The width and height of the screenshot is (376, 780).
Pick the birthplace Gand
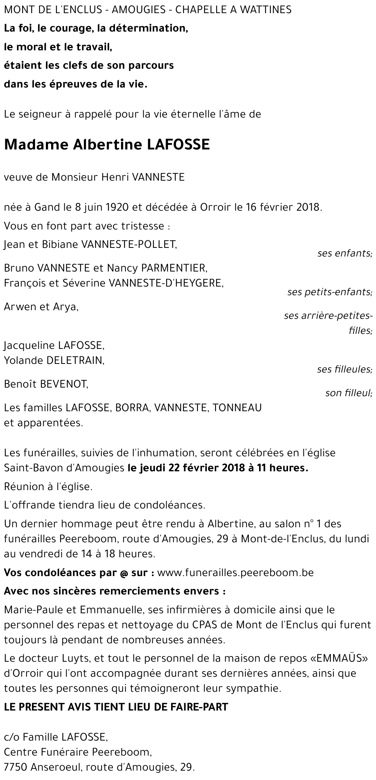[x=47, y=207]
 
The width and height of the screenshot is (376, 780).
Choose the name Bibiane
[x=58, y=245]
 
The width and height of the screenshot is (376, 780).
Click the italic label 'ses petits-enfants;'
[x=330, y=292]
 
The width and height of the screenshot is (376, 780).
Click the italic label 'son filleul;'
[x=349, y=393]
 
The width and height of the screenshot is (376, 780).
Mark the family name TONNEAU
[x=237, y=407]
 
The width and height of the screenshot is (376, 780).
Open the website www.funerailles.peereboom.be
[x=235, y=573]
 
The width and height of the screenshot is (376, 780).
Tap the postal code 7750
[x=16, y=766]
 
